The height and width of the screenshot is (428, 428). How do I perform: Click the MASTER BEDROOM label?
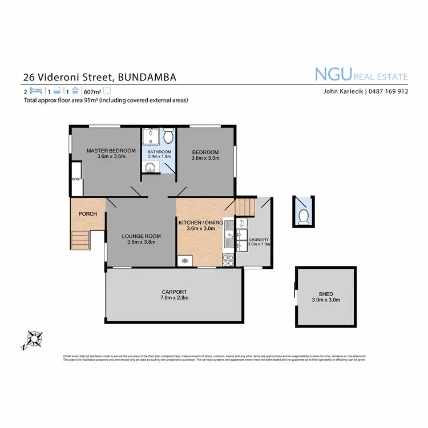111,151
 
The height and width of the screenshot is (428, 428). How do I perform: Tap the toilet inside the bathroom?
168,137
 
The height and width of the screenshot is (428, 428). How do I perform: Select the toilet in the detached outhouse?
304,216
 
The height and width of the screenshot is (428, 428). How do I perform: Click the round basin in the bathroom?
151,168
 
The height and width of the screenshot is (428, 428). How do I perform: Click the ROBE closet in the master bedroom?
76,179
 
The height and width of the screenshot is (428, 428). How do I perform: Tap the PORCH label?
87,214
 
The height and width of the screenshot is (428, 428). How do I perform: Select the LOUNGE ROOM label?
141,236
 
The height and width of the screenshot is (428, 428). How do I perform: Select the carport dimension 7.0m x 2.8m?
174,297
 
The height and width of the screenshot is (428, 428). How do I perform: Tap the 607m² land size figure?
92,91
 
